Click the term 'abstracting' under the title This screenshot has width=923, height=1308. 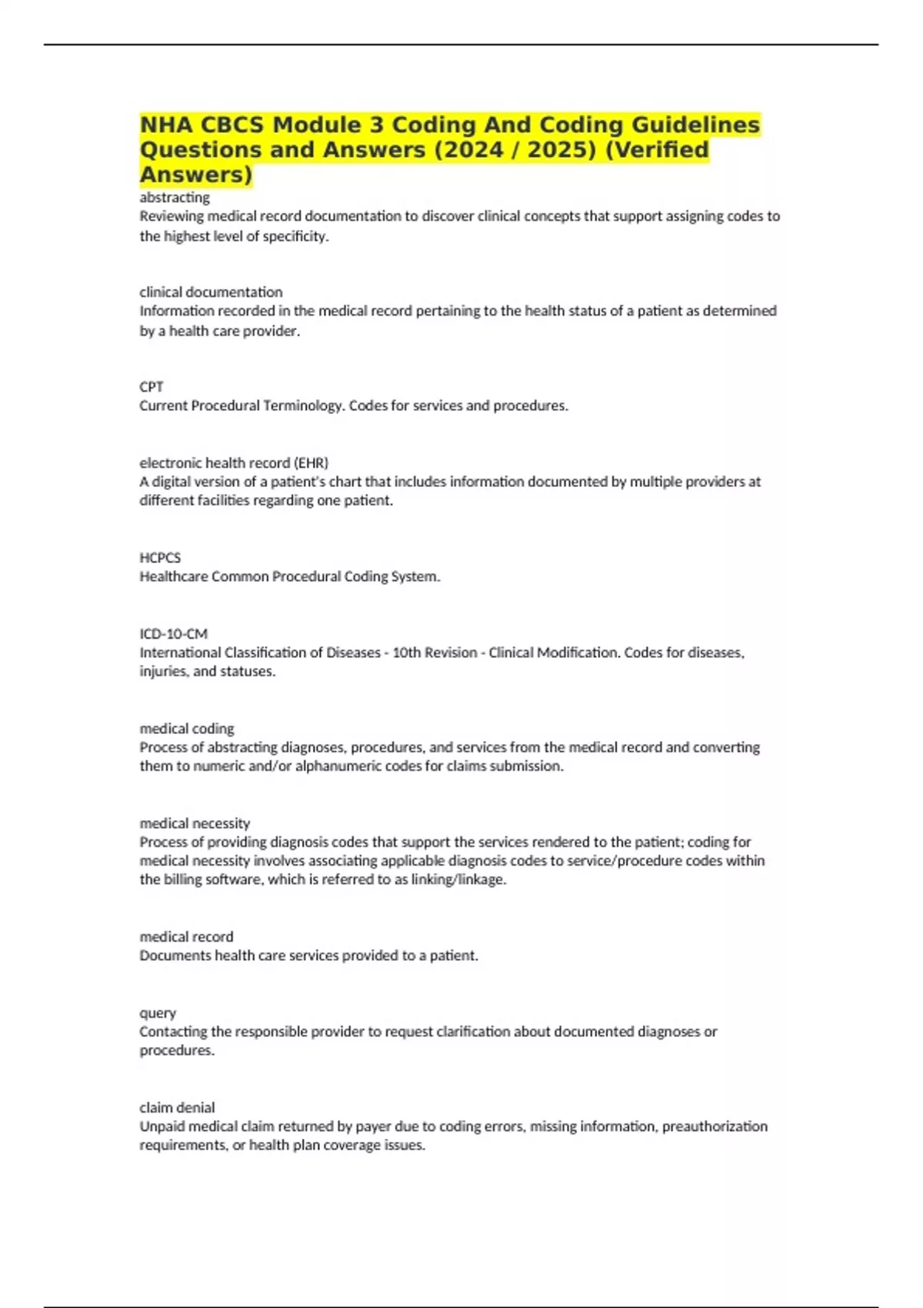(175, 198)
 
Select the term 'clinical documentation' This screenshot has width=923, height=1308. (211, 292)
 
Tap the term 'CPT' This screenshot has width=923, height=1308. (152, 387)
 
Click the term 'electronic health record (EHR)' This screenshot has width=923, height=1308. (234, 463)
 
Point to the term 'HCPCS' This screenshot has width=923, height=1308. (160, 558)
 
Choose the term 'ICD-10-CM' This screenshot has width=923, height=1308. (174, 634)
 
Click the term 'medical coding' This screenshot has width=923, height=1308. (187, 729)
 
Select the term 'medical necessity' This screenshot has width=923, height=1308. (195, 823)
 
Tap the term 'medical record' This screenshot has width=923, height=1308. (186, 937)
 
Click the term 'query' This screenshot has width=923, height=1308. (158, 1013)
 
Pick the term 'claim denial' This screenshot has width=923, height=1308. (177, 1108)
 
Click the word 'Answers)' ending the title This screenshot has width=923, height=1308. (196, 175)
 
